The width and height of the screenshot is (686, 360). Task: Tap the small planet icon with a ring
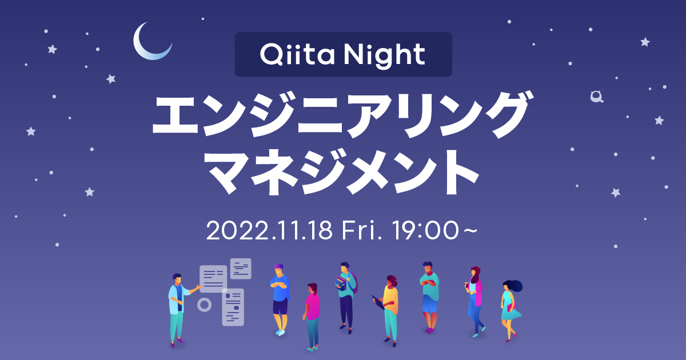click(x=597, y=97)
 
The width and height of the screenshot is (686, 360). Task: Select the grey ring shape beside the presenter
click(x=204, y=305)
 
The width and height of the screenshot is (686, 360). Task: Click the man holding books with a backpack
click(x=346, y=294)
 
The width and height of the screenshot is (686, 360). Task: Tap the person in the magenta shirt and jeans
click(x=312, y=314)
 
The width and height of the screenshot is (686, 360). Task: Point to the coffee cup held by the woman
click(x=468, y=284)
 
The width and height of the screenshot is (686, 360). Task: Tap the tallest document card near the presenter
click(x=233, y=307)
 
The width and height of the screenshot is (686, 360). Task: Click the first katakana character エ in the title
click(x=177, y=117)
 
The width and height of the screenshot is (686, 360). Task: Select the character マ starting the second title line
click(x=228, y=171)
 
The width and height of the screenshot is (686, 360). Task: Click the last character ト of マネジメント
click(x=456, y=171)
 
